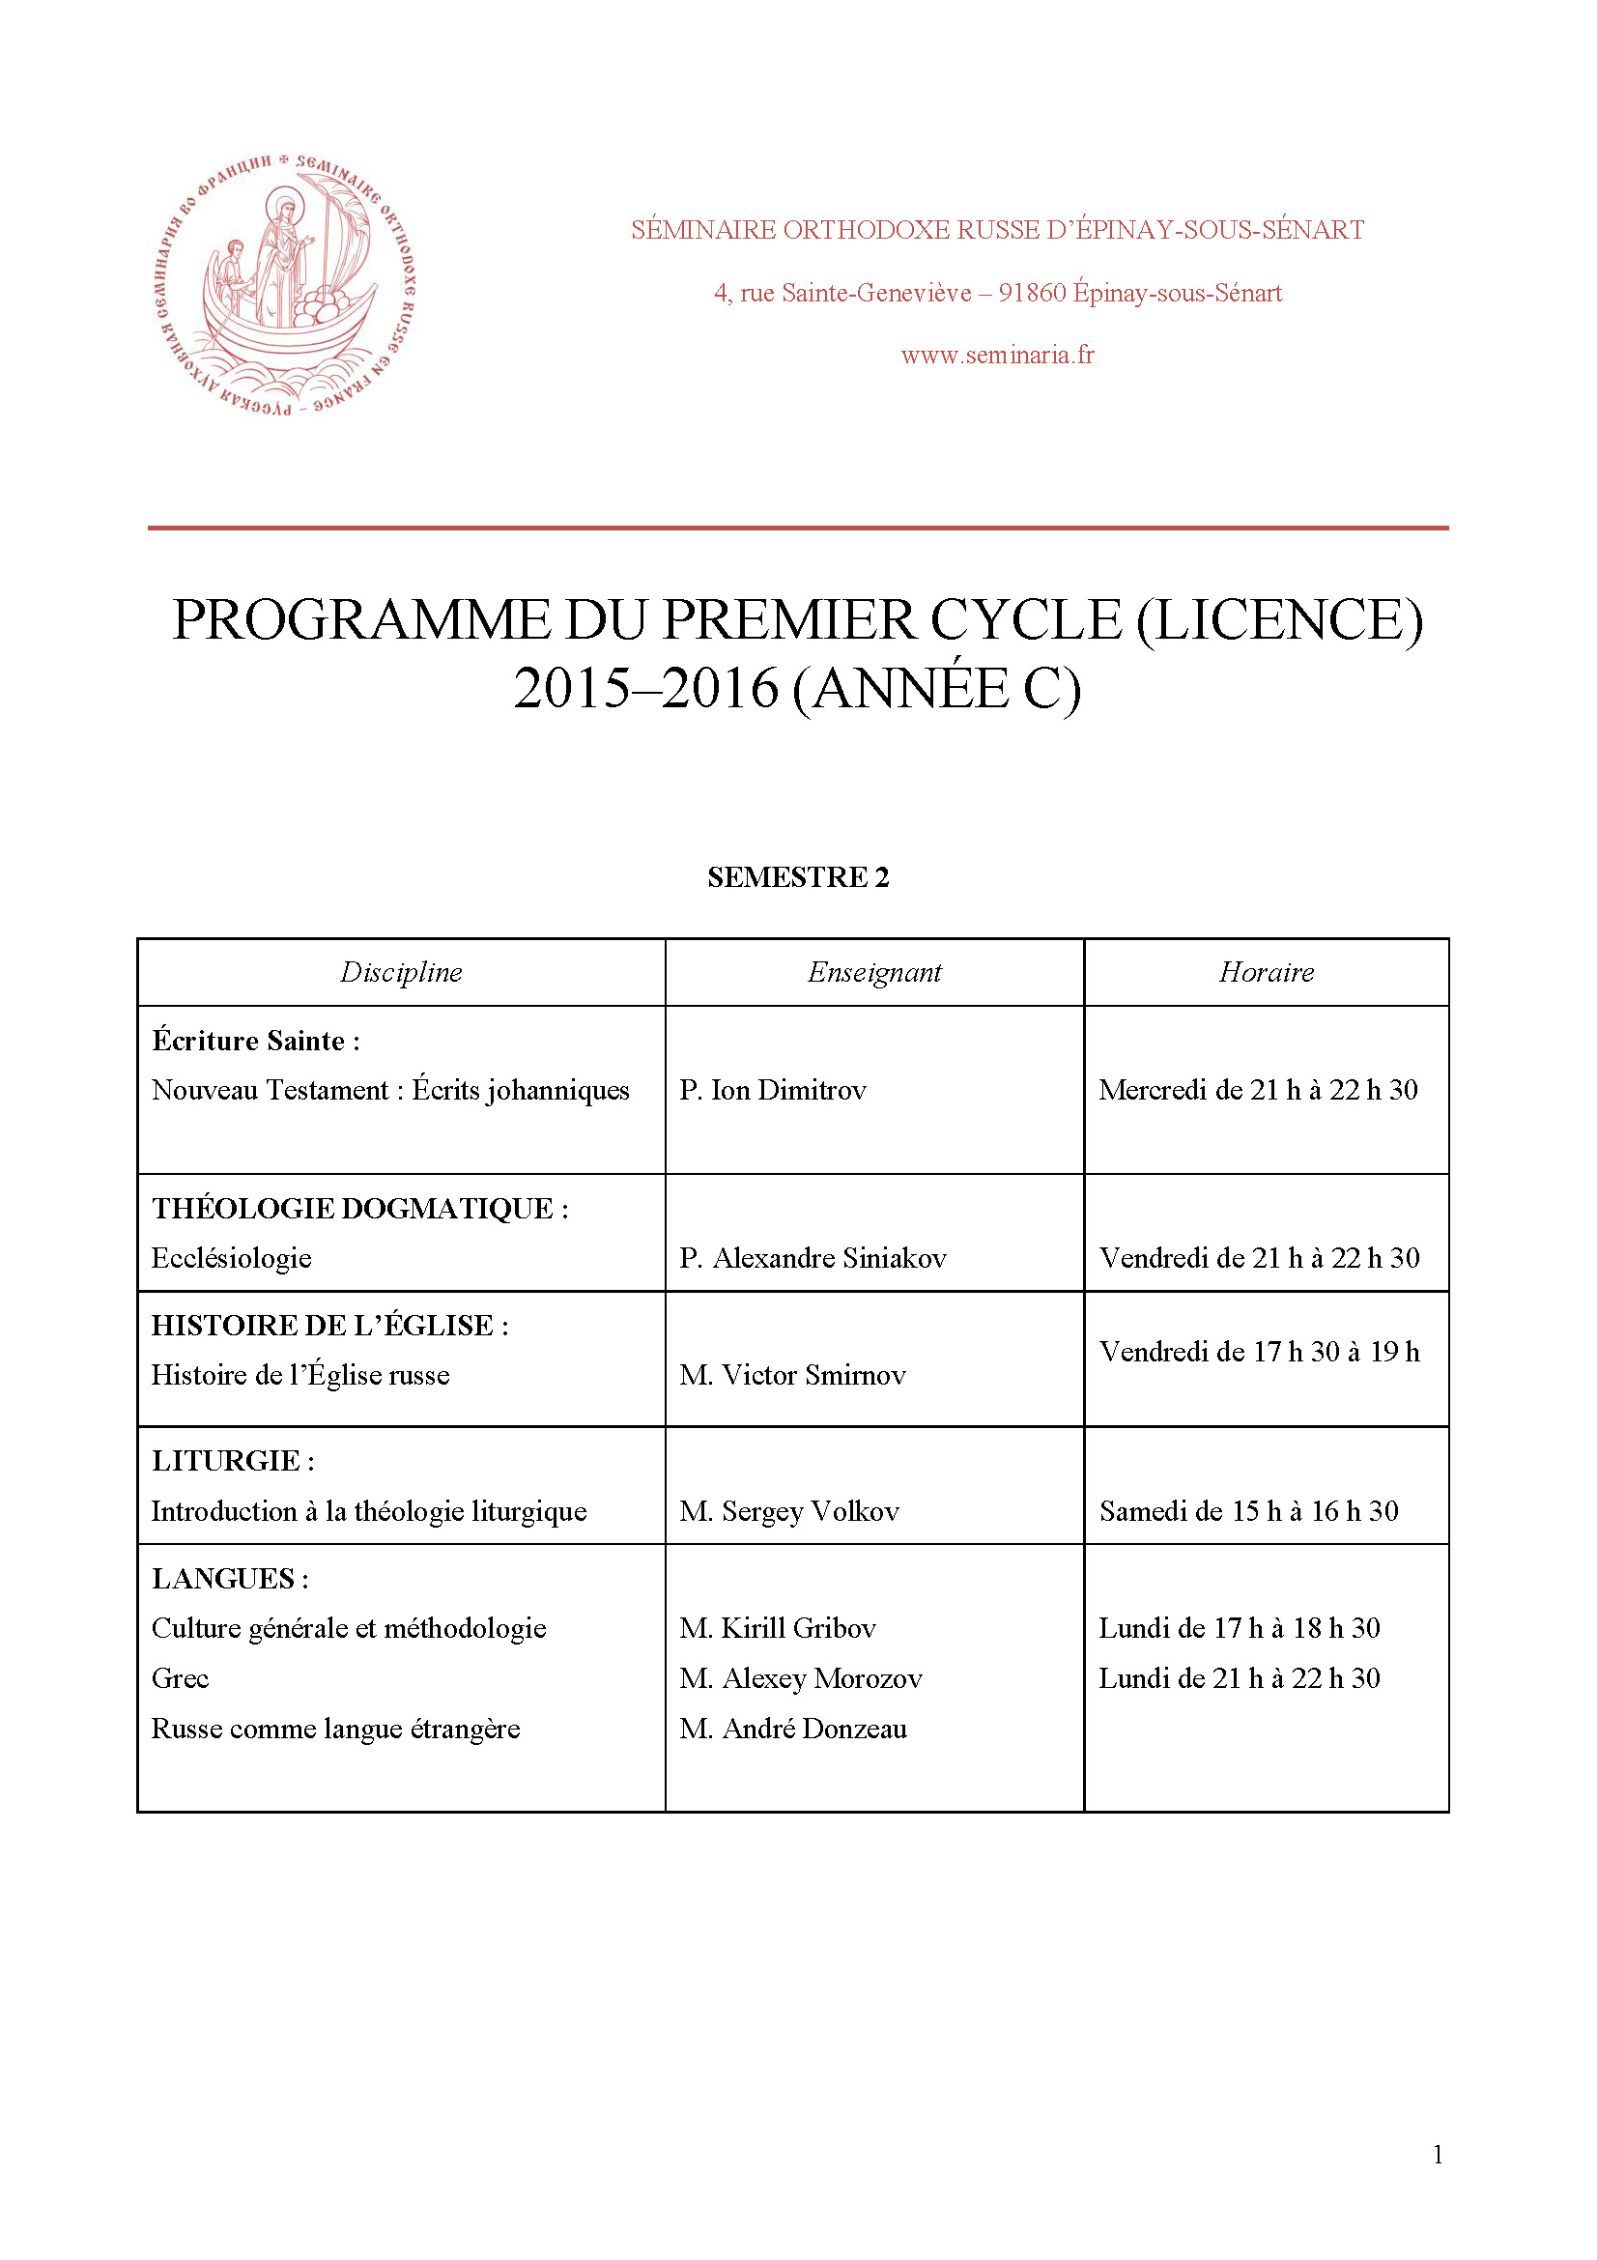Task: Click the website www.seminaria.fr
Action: click(x=997, y=356)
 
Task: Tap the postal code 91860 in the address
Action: click(x=1031, y=294)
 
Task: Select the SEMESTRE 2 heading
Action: click(x=798, y=877)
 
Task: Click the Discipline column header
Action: click(x=401, y=973)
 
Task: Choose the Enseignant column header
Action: click(x=873, y=973)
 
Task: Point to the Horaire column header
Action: click(x=1266, y=973)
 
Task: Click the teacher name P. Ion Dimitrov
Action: click(x=773, y=1090)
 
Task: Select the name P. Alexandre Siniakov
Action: click(x=813, y=1258)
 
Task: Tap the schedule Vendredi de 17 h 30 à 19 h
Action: click(x=1259, y=1352)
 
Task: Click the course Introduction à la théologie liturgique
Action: click(x=369, y=1511)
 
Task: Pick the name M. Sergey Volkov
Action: click(x=789, y=1511)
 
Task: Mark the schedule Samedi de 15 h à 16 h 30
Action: click(x=1247, y=1511)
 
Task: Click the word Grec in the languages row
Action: click(x=180, y=1678)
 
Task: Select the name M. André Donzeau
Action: click(x=793, y=1729)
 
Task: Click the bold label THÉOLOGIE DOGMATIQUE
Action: click(x=353, y=1209)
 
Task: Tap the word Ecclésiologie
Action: click(x=231, y=1258)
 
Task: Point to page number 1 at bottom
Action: click(x=1438, y=2155)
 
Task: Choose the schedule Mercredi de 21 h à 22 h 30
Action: click(x=1258, y=1090)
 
